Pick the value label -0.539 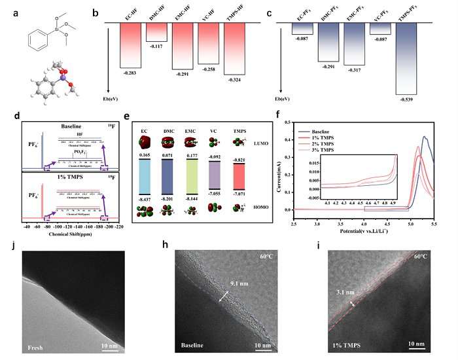click(407, 100)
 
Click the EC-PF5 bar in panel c click(302, 27)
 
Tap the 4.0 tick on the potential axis click(364, 224)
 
